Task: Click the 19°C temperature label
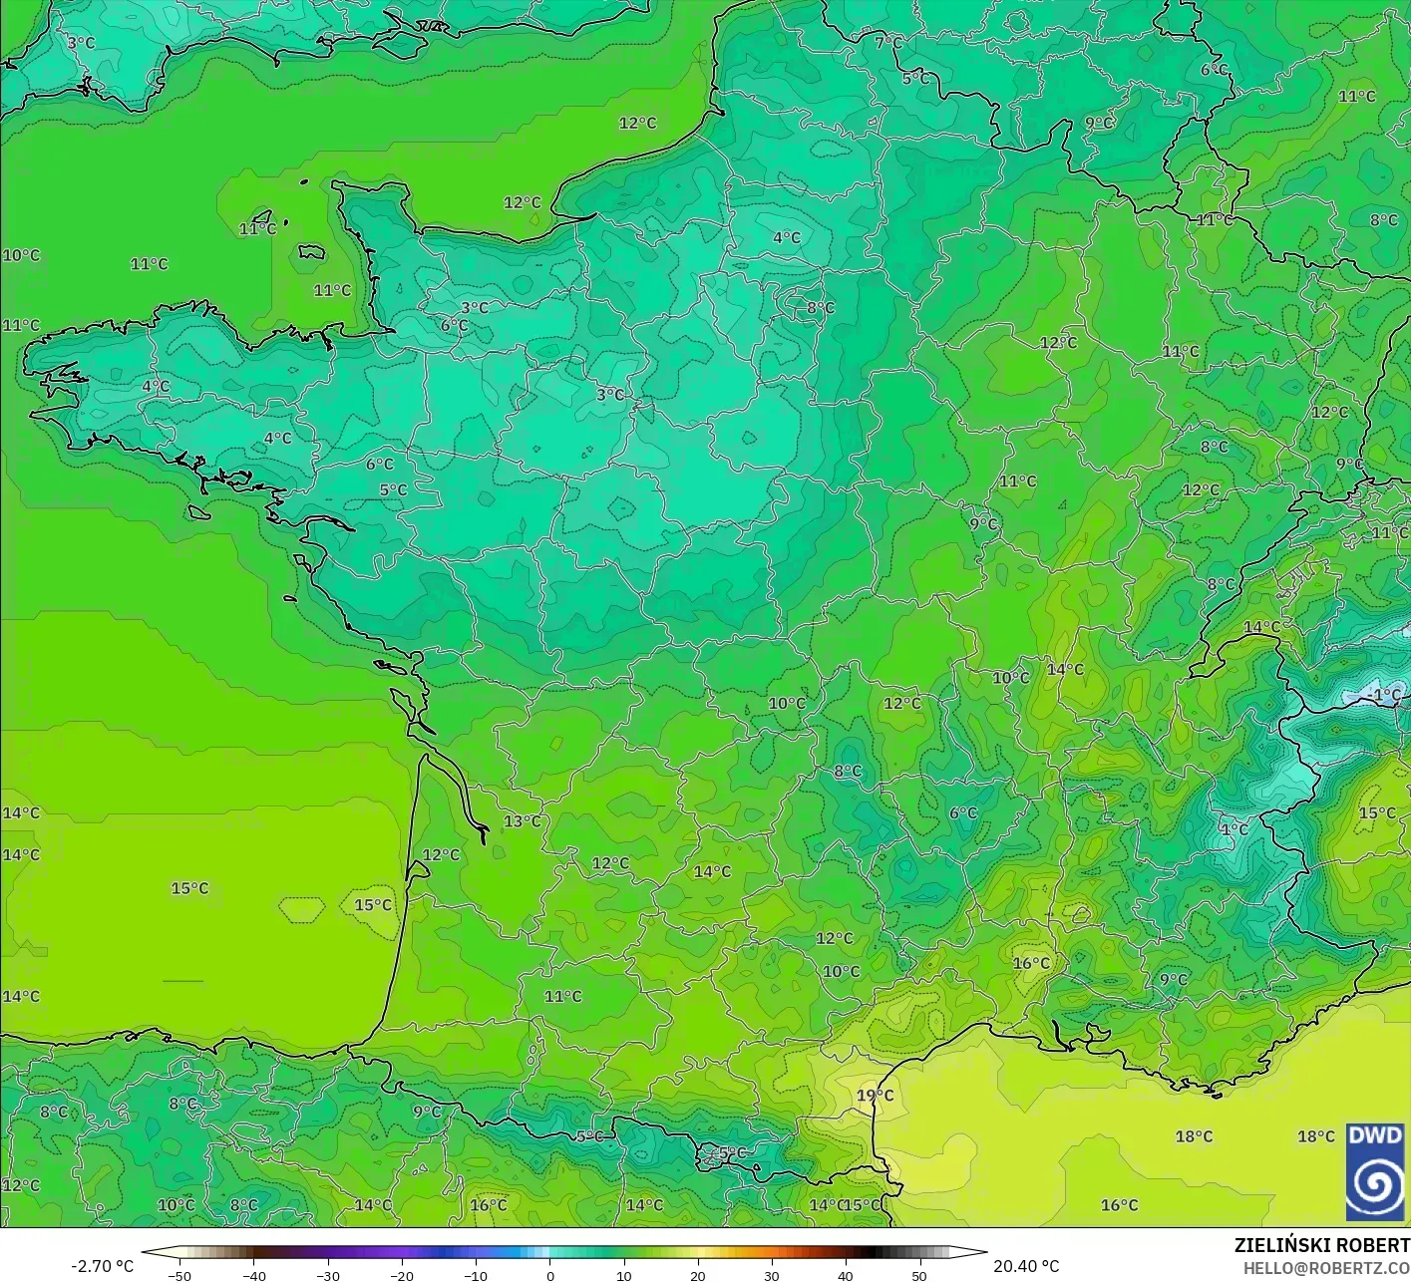(x=875, y=1096)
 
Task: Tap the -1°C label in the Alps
(x=1385, y=695)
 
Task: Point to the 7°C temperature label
(x=887, y=43)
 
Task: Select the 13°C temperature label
(x=523, y=821)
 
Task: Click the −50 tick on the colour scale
(x=179, y=1275)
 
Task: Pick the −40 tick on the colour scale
(x=254, y=1275)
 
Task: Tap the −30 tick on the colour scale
(x=328, y=1275)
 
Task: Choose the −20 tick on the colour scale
(x=402, y=1275)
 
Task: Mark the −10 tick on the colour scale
(x=476, y=1275)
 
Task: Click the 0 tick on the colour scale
(x=549, y=1275)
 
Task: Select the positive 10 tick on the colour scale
(x=623, y=1275)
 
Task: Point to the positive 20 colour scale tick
(x=697, y=1275)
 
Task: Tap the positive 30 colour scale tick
(x=771, y=1275)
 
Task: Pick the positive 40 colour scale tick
(x=845, y=1275)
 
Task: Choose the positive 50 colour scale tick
(x=918, y=1275)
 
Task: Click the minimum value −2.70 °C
(x=103, y=1266)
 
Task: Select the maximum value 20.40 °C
(x=1026, y=1266)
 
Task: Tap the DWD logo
(x=1375, y=1172)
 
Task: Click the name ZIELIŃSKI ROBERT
(x=1321, y=1245)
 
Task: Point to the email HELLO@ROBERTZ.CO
(x=1326, y=1267)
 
